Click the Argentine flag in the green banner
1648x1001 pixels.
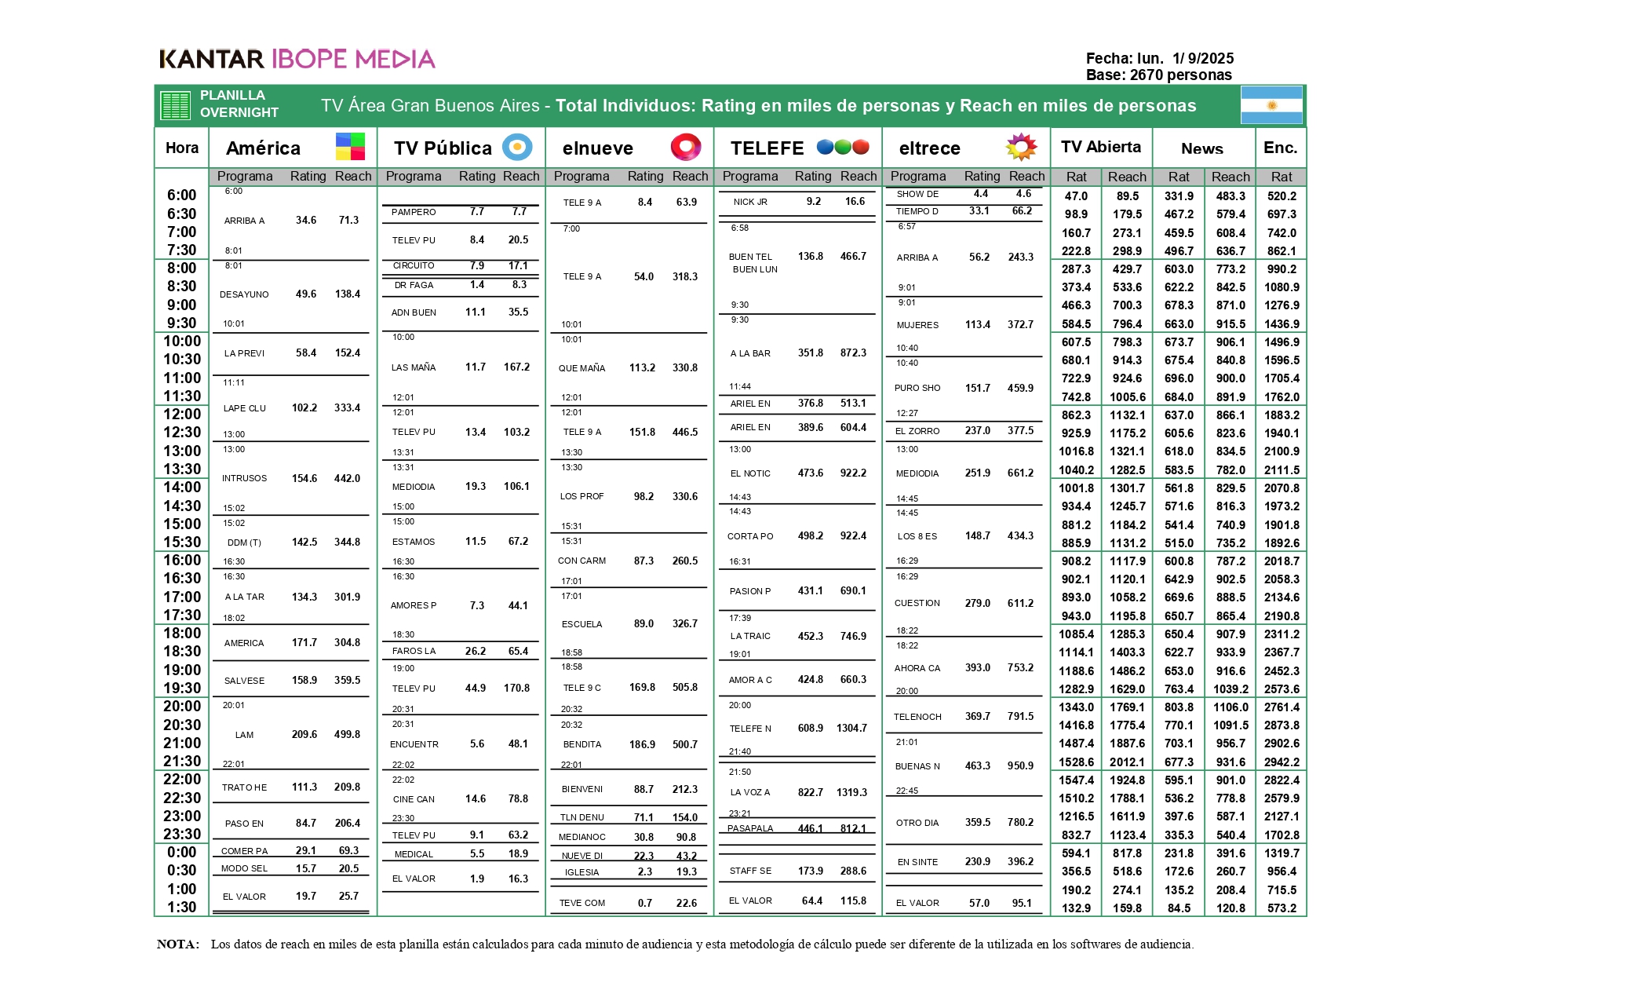point(1271,105)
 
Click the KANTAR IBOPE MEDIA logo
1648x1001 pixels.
point(297,59)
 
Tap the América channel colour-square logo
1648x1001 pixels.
point(350,147)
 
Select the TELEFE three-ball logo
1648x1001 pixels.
point(843,147)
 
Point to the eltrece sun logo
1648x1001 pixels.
point(1021,147)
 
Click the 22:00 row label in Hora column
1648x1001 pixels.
point(182,780)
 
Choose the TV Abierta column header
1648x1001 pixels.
point(1100,147)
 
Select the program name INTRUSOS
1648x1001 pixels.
point(244,478)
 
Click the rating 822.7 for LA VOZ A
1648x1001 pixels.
point(811,792)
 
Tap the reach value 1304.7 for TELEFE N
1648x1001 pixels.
point(851,729)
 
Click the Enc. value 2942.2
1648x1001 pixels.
point(1282,762)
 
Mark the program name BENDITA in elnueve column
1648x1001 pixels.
point(582,744)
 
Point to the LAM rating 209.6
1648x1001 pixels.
point(304,735)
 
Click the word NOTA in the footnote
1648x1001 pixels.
point(178,944)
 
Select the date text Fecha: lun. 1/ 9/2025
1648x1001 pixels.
point(1159,58)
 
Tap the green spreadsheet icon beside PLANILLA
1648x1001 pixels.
point(175,105)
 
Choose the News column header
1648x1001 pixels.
point(1201,148)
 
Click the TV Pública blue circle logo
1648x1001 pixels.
point(517,147)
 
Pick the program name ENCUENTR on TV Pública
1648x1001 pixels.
point(414,744)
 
